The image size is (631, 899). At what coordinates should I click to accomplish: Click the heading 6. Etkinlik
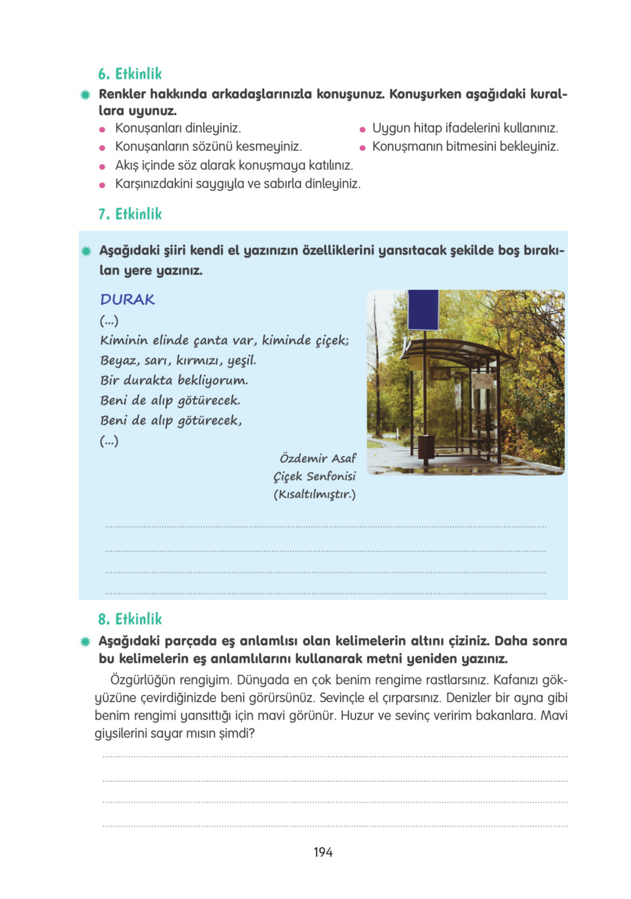coord(129,73)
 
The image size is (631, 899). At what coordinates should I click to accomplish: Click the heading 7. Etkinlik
coord(129,214)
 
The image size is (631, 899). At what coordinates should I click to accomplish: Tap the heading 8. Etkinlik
coord(129,619)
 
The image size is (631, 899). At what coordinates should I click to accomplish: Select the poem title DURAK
coord(127,300)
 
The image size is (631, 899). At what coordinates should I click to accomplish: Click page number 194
coord(323,852)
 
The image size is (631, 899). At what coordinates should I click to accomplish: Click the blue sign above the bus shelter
coord(423,310)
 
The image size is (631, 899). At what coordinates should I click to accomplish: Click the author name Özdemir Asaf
coord(317,458)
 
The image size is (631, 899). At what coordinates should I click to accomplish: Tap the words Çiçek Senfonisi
coord(314,476)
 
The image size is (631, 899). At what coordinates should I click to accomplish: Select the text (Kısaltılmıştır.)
coord(314,494)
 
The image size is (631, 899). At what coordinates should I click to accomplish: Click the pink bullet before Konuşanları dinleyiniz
coord(102,129)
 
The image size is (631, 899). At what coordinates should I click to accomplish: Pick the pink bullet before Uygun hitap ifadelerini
coord(362,129)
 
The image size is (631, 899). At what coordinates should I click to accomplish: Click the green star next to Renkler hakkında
coord(85,95)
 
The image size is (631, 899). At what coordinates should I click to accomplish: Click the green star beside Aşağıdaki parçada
coord(85,642)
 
